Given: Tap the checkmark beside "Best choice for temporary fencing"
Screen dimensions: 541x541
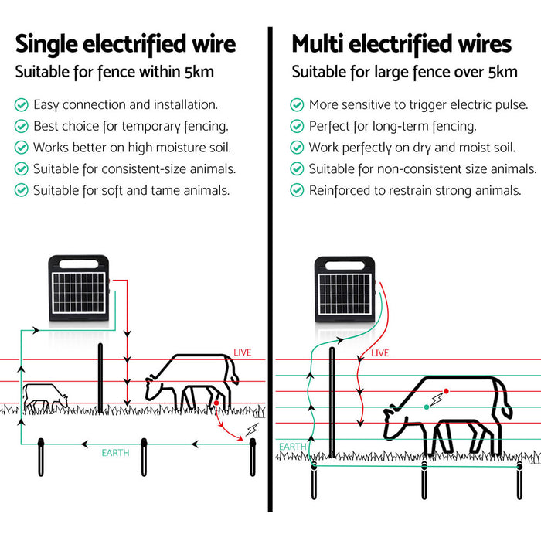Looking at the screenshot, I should pos(21,125).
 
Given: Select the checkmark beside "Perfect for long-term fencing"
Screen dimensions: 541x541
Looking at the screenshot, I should pos(297,125).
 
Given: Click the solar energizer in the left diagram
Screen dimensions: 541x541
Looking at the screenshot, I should pos(79,288).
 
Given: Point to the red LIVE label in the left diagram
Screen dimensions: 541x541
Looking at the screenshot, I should pos(242,352).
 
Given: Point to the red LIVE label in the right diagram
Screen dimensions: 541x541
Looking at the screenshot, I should pos(380,353).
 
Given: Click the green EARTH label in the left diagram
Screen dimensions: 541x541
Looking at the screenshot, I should pos(115,451).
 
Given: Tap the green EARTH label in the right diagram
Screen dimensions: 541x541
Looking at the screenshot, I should pos(292,447).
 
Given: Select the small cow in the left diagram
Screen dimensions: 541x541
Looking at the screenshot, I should pos(44,396).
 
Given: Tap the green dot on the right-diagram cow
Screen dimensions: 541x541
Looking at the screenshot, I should pos(426,406).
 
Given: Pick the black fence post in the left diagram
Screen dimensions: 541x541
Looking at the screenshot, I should pos(100,379).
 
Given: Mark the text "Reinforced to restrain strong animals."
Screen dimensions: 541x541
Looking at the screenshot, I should pos(415,190).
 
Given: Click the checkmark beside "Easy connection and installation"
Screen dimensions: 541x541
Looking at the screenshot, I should pos(21,104).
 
